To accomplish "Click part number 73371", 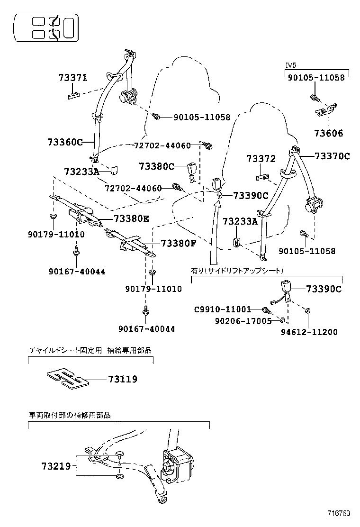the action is pos(73,78).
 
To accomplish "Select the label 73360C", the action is pos(65,142).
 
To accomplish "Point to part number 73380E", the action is pos(132,219).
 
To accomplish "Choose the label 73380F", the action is pos(179,243).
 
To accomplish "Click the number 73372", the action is pos(261,159).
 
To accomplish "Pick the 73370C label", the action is pos(332,156).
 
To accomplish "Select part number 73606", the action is pos(329,134).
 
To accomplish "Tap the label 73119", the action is pos(123,379).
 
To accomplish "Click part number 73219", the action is pos(56,466).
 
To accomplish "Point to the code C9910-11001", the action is pos(223,309).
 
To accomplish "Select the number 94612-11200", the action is pos(309,332).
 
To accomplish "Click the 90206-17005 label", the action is pos(243,321).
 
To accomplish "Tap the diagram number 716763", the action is pos(339,513).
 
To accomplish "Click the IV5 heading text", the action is pos(291,65).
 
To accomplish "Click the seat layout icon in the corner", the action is pos(46,28).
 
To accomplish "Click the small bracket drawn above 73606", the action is pos(326,110).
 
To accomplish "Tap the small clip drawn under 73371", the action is pos(73,96).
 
